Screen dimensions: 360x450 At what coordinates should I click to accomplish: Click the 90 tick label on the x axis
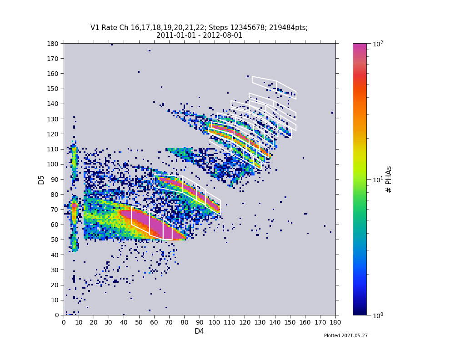coord(200,322)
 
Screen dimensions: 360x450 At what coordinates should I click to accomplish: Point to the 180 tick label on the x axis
coord(335,322)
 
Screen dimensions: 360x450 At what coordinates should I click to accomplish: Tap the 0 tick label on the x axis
coord(64,322)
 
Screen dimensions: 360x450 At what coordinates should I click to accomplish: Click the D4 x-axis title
coord(199,331)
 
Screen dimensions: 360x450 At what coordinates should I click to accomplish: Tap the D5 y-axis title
coord(41,179)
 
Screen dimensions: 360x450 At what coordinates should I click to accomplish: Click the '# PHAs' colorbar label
coord(389,179)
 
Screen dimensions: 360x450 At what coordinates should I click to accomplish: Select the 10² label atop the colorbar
coord(378,44)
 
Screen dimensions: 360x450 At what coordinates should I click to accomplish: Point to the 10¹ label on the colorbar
coord(378,180)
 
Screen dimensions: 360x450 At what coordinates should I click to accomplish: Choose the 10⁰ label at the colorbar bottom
coord(378,315)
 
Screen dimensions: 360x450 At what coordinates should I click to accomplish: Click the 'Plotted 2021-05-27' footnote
coord(345,336)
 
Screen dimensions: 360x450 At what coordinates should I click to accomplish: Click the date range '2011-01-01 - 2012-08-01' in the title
coord(199,35)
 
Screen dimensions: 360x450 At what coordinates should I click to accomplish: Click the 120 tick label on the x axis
coord(245,322)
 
